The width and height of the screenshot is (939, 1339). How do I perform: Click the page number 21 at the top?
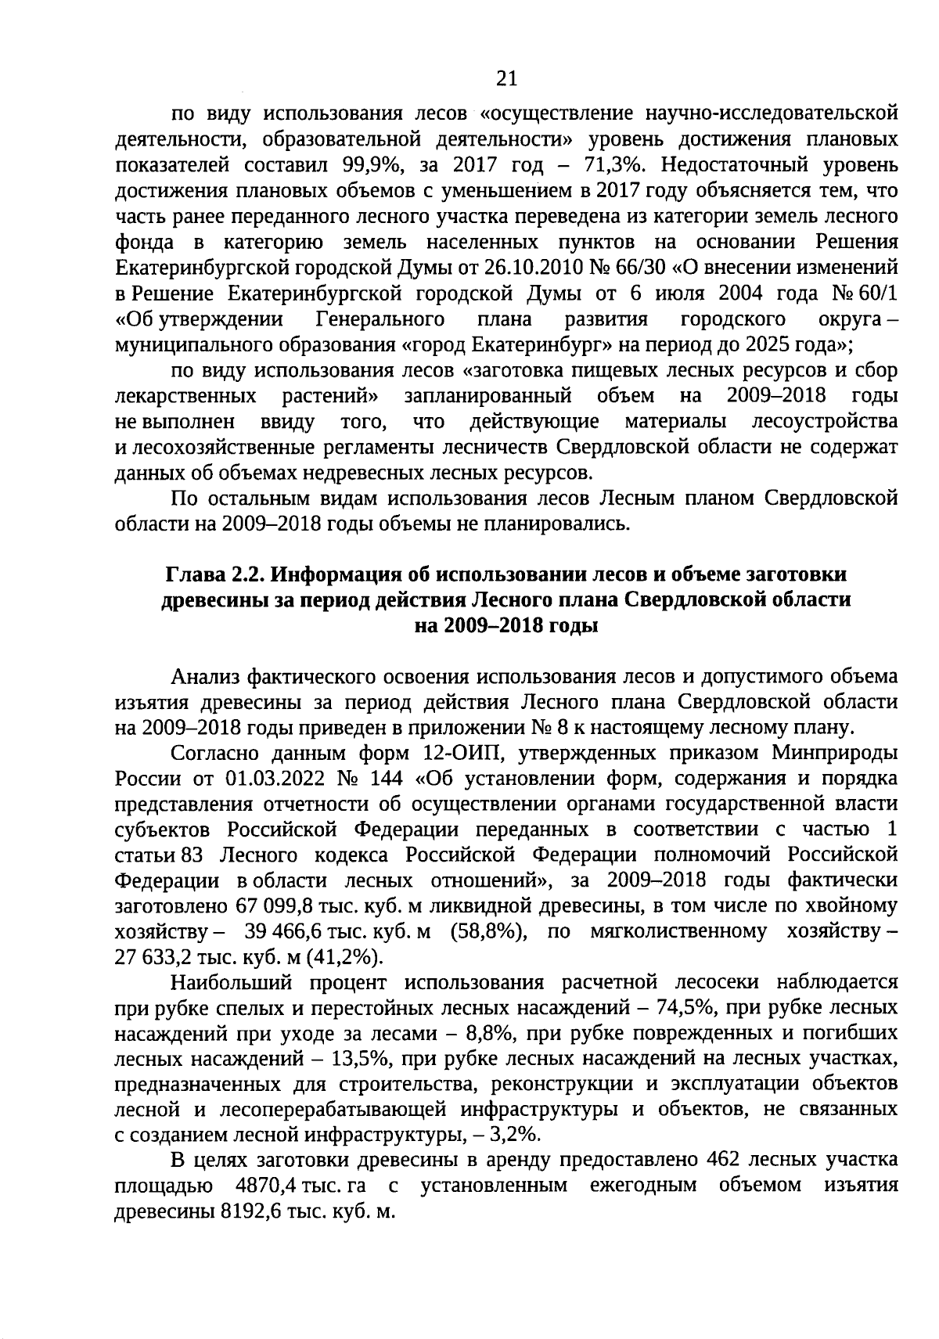[506, 77]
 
